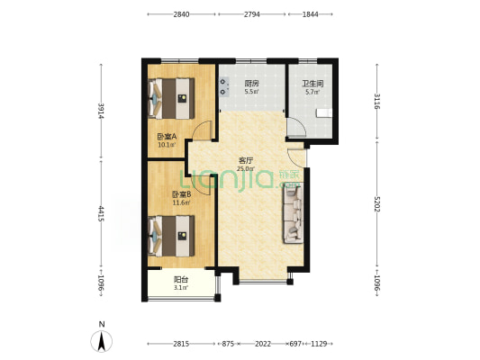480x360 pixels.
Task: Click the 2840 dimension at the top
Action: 181,14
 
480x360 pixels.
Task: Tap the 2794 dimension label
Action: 251,14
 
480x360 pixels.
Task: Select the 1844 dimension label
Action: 310,14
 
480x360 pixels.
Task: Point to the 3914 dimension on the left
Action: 101,112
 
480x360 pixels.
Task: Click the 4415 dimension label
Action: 101,214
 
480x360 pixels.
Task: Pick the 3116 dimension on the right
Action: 376,101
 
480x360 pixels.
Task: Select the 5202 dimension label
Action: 376,204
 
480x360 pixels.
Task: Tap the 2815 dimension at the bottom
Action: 181,344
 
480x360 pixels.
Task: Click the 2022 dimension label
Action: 263,344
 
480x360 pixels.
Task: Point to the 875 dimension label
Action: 228,344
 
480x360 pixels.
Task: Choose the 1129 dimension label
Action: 319,344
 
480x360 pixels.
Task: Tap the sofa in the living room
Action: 294,213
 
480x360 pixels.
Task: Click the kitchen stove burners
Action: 224,86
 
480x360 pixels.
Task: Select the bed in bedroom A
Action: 171,98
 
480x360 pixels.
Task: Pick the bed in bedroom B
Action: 171,236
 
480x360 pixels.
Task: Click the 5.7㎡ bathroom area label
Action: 312,92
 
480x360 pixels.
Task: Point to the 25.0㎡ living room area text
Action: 246,168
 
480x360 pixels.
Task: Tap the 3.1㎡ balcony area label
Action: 181,287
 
